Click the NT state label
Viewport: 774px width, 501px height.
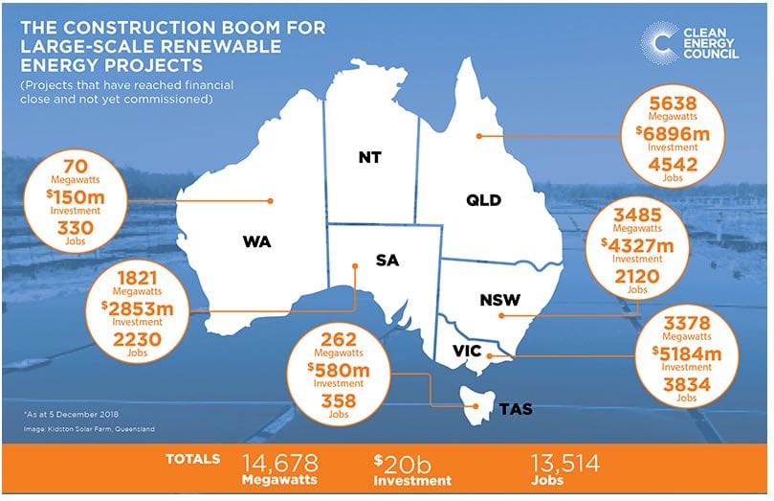pos(370,156)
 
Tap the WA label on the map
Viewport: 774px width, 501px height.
pos(256,241)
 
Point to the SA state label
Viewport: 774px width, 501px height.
pos(387,261)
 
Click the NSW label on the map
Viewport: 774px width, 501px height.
pos(499,301)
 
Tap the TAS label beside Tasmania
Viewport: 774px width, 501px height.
pos(516,409)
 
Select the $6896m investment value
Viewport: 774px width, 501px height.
pos(667,132)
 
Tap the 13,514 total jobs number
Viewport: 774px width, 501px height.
pos(564,463)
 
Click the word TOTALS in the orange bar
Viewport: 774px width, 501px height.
pos(193,460)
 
